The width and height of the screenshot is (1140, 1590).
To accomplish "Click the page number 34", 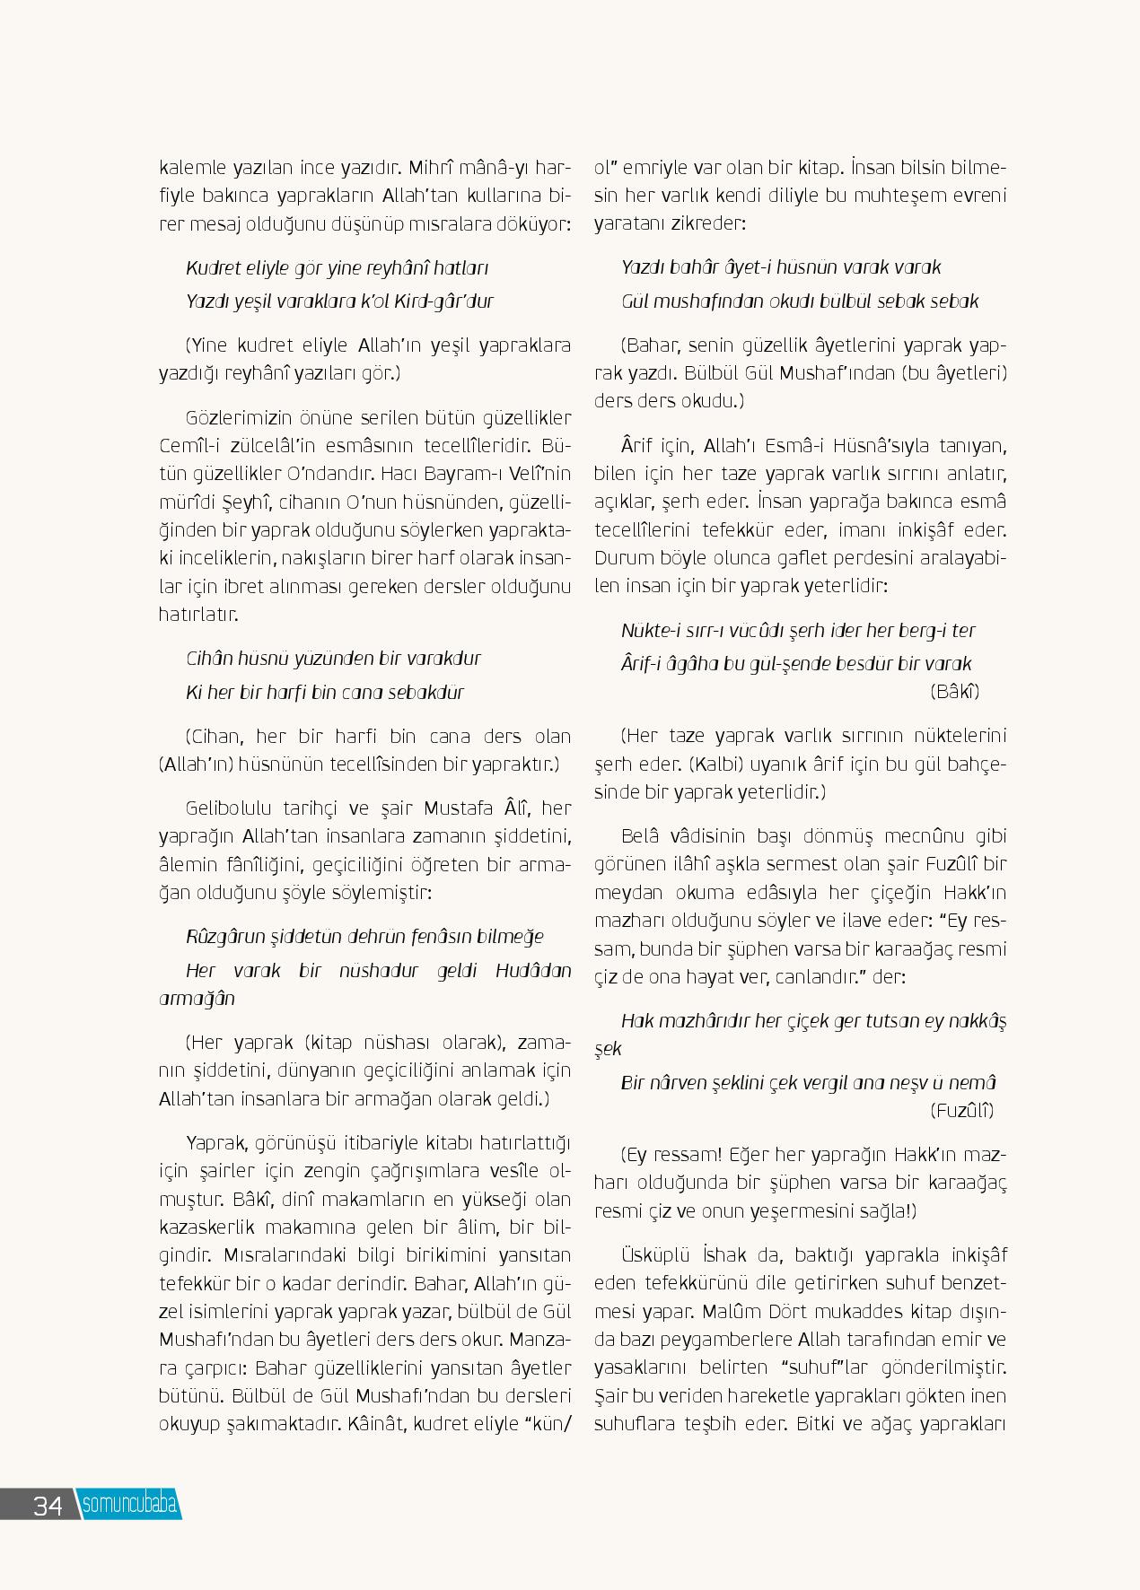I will pyautogui.click(x=47, y=1505).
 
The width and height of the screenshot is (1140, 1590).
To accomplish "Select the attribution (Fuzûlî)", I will pyautogui.click(x=962, y=1110).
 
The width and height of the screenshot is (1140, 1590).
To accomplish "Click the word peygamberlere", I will pyautogui.click(x=690, y=1340).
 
